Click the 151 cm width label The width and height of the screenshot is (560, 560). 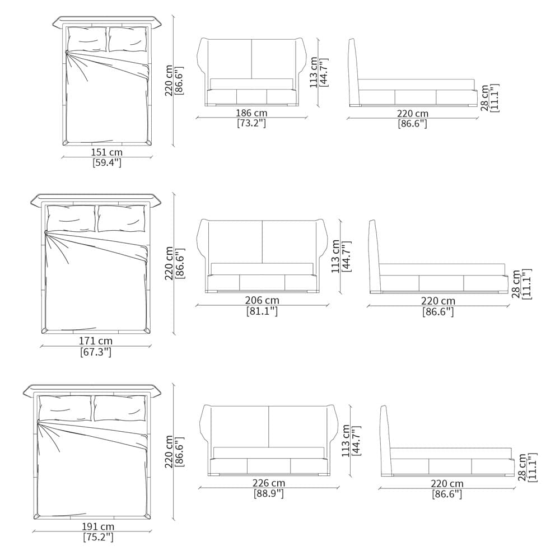107,152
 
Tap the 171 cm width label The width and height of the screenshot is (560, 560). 96,341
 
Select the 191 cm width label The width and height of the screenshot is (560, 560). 98,526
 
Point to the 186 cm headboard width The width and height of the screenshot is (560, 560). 251,113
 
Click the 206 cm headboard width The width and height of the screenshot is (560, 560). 262,300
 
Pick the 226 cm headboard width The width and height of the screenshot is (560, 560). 269,483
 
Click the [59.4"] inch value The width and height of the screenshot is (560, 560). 107,163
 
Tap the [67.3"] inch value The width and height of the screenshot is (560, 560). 96,352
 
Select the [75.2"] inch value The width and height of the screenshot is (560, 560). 98,537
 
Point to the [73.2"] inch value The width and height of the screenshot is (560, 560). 251,124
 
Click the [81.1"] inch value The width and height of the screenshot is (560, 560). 262,311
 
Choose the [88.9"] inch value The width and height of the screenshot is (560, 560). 269,494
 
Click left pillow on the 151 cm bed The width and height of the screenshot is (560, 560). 87,39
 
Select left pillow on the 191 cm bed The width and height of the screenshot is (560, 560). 65,408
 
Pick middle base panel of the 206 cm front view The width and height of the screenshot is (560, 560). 262,283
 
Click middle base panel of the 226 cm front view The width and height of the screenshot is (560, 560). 269,466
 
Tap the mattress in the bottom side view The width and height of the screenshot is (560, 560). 451,454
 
